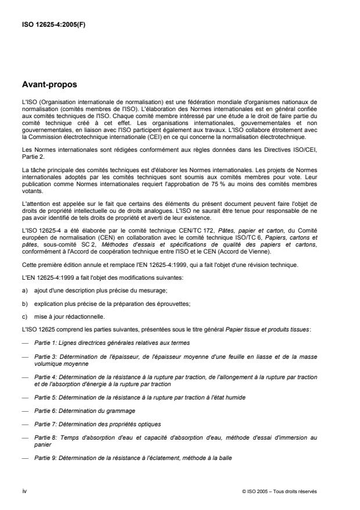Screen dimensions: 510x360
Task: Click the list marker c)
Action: (24, 306)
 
